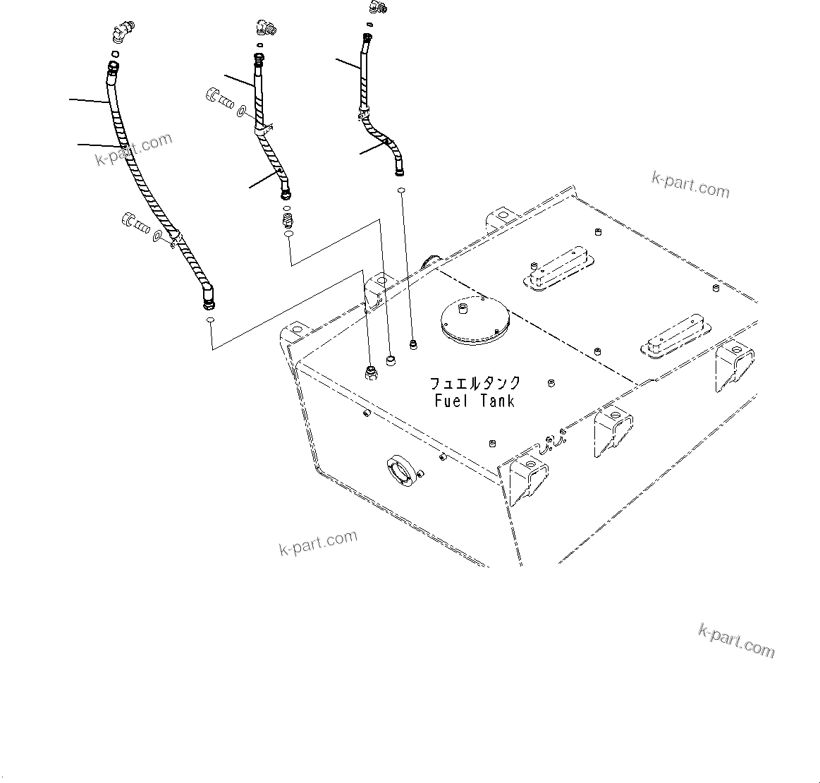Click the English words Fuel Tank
pos(475,401)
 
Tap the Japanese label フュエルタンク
pos(475,384)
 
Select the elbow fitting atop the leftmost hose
pos(121,33)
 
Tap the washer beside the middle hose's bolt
pos(242,111)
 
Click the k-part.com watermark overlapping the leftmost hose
pos(134,149)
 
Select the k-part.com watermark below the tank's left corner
pos(317,542)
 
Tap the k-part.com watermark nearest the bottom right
pos(736,641)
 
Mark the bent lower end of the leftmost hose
pos(208,297)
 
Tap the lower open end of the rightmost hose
pos(400,171)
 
